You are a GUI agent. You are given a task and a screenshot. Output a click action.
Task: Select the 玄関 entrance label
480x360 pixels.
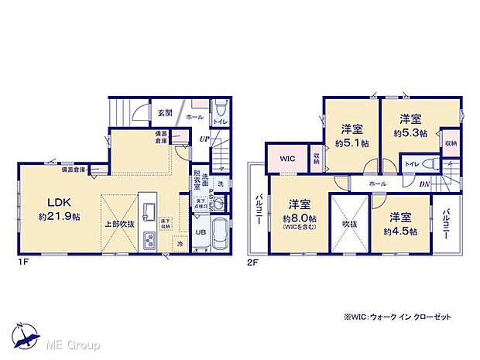point(165,112)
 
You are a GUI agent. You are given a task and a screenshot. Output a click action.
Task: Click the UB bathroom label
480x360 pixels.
point(199,231)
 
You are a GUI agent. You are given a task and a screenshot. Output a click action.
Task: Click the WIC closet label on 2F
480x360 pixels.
point(287,158)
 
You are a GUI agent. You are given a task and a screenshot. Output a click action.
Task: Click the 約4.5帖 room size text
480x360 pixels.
point(402,231)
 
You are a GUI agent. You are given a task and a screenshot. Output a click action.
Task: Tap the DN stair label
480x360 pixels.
point(424,184)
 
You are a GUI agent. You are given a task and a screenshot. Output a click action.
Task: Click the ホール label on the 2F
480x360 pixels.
point(378,184)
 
